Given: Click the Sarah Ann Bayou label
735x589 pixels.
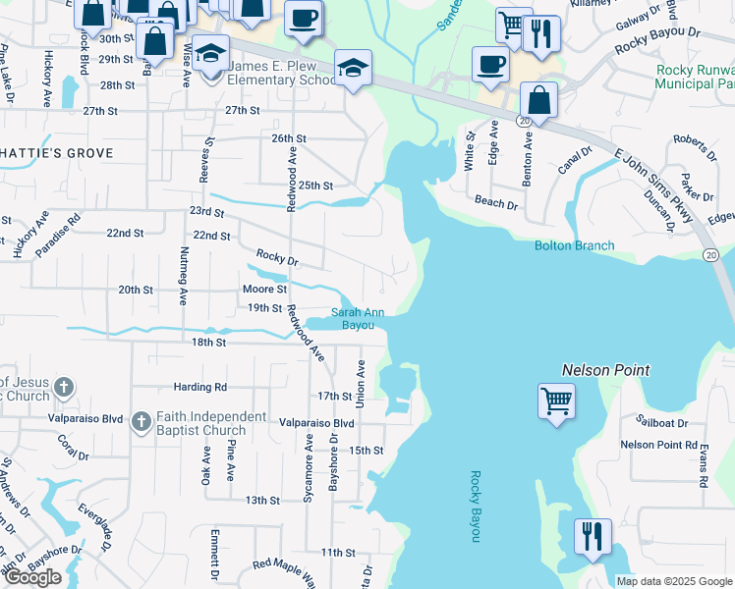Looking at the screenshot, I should [356, 318].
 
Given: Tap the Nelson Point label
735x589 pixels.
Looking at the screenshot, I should [606, 370].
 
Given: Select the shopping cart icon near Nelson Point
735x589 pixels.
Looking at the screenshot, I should [556, 401].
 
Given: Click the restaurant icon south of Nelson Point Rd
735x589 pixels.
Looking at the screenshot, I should [593, 536].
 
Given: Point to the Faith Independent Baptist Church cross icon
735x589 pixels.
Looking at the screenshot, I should [141, 422].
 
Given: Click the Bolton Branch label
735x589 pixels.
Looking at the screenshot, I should [575, 245].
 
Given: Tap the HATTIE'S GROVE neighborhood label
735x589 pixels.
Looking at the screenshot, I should [57, 153].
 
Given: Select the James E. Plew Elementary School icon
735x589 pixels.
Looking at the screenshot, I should [210, 52].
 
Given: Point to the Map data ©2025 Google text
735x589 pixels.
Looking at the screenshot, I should [674, 581].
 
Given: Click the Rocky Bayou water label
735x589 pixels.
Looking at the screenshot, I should [476, 507].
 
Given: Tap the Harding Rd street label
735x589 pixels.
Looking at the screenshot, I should [199, 388].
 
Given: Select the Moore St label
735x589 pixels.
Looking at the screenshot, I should [264, 290].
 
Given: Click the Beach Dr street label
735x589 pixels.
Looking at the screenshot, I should [496, 204].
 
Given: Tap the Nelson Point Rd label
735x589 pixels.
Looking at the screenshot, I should [658, 445].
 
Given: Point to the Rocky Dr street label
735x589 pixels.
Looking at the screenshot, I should [276, 258].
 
